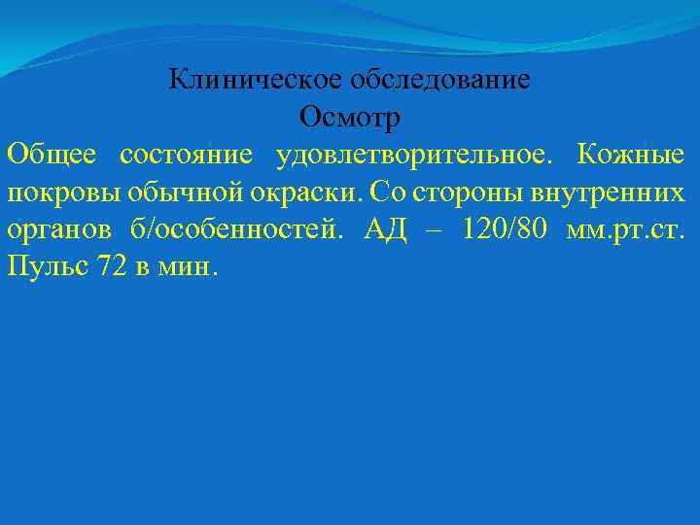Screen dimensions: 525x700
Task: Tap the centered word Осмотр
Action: pos(350,118)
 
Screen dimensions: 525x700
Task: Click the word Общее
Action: pos(50,155)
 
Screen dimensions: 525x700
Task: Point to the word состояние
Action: pos(186,155)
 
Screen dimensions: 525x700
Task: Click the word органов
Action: pos(54,230)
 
